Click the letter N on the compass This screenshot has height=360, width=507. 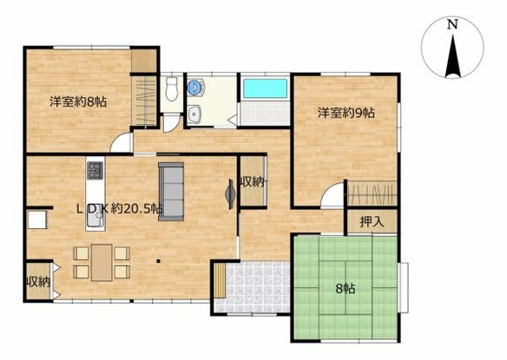(x=452, y=24)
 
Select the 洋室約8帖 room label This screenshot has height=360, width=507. (x=78, y=102)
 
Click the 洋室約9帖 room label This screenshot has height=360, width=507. (x=346, y=113)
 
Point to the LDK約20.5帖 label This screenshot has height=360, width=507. (x=120, y=209)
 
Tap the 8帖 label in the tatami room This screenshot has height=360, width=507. (x=346, y=288)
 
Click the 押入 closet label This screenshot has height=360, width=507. (x=372, y=222)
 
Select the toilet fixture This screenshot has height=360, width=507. (x=171, y=88)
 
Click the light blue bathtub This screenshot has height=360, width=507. (x=265, y=88)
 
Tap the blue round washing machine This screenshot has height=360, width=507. (x=195, y=88)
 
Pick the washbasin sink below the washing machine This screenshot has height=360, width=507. (x=195, y=115)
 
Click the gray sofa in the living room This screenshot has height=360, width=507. (x=171, y=192)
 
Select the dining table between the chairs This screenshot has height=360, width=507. (x=102, y=262)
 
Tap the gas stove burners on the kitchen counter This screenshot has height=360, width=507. (x=95, y=171)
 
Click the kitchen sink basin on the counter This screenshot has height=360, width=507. (x=95, y=220)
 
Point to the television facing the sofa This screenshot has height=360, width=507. (x=231, y=194)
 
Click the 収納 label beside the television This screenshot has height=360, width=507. (x=253, y=182)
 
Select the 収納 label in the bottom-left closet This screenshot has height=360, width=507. (x=38, y=282)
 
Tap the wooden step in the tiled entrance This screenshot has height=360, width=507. (x=220, y=280)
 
